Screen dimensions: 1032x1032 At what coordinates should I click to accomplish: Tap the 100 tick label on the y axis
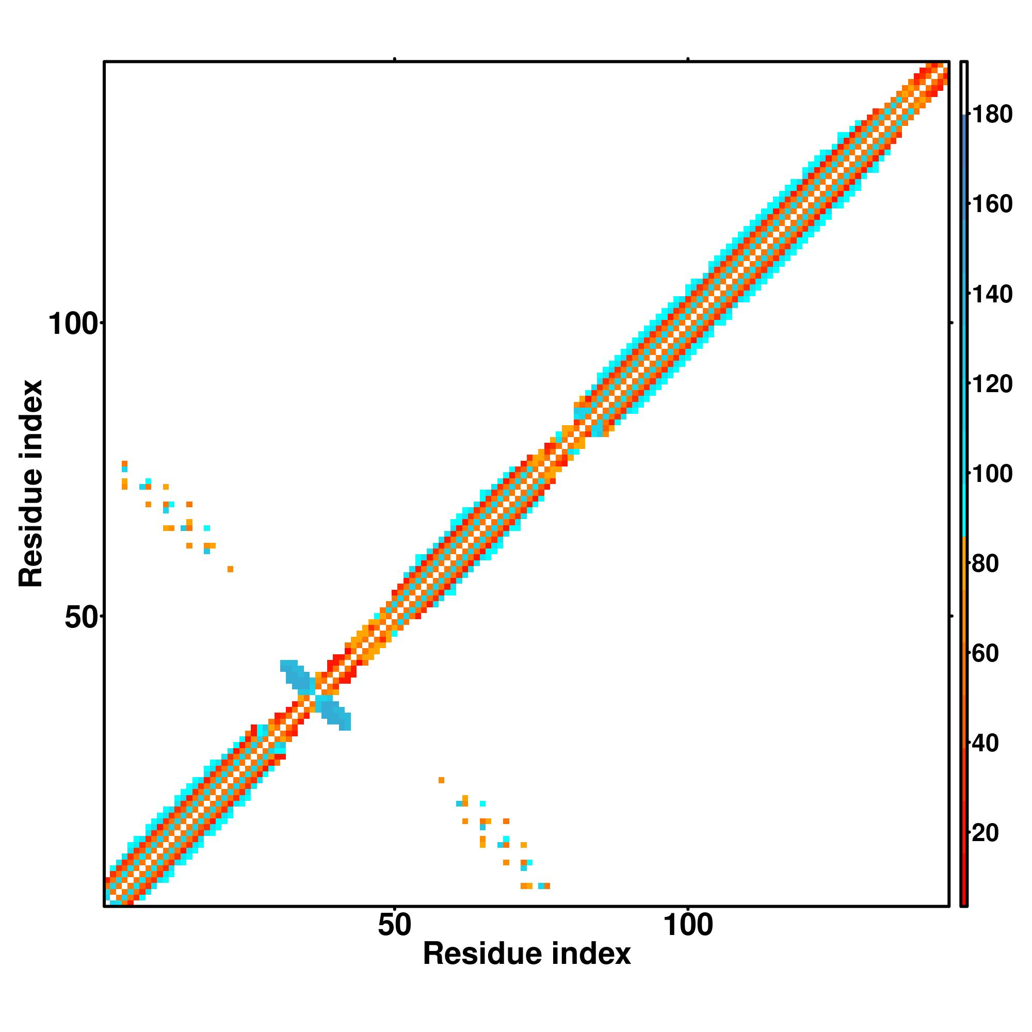(x=74, y=324)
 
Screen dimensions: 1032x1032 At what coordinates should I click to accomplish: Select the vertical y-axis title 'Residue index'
(x=31, y=483)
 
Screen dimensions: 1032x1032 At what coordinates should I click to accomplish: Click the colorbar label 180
(x=992, y=115)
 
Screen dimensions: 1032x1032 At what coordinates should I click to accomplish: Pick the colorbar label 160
(x=992, y=204)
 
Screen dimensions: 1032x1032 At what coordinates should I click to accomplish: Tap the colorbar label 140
(x=992, y=294)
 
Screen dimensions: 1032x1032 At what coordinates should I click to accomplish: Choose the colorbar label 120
(x=992, y=383)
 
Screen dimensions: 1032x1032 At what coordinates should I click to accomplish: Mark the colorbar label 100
(x=992, y=473)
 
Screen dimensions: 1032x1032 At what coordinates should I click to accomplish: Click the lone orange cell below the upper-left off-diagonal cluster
(x=230, y=569)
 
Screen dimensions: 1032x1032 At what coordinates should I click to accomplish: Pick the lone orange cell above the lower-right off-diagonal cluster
(x=441, y=780)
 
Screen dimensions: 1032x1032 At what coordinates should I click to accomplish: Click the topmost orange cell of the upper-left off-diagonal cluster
(x=124, y=463)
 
